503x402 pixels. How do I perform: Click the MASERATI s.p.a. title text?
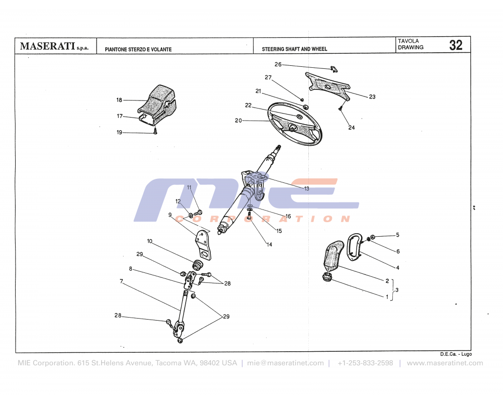[x=54, y=46]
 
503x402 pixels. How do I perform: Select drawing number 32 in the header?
[x=456, y=45]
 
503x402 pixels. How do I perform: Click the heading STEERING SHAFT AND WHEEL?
[x=294, y=49]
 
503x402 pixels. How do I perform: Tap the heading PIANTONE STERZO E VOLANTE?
[x=138, y=49]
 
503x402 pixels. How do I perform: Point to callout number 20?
[x=238, y=121]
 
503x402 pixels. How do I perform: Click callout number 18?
[x=119, y=100]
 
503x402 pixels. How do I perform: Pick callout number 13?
[x=306, y=188]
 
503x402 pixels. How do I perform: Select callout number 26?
[x=278, y=64]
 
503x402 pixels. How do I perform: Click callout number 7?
[x=121, y=281]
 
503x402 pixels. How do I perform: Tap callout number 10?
[x=150, y=241]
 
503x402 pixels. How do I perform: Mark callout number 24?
[x=351, y=128]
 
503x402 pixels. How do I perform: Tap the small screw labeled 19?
[x=156, y=132]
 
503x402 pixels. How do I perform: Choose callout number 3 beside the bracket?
[x=397, y=290]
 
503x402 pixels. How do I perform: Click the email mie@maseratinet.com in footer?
[x=286, y=363]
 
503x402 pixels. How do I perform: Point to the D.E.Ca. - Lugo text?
[x=456, y=354]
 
